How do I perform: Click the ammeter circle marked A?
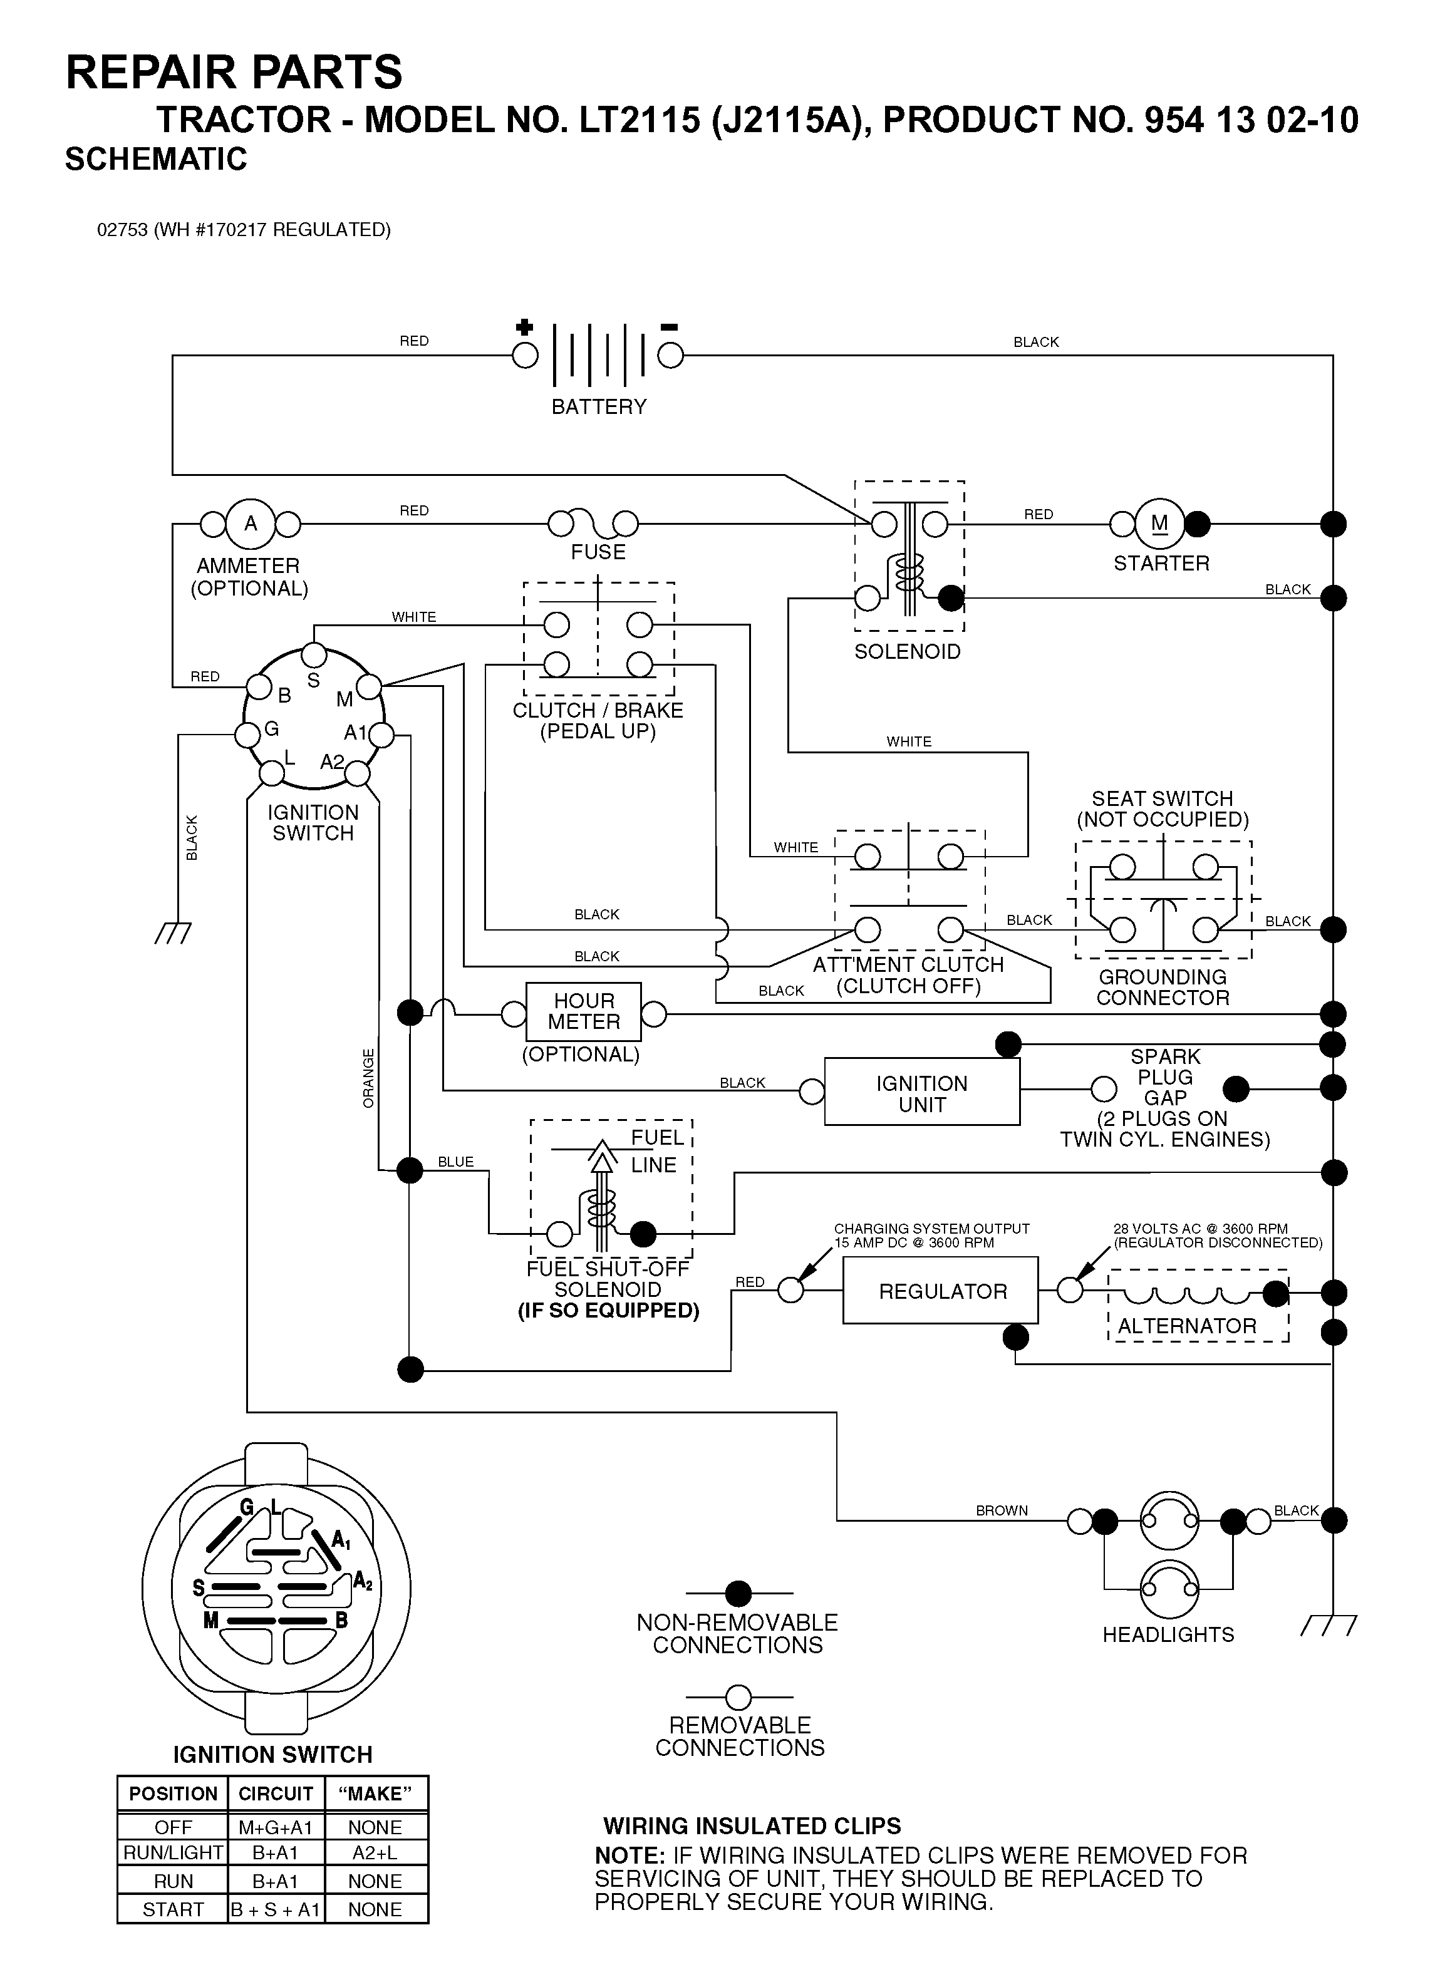(251, 524)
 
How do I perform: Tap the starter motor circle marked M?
(1160, 524)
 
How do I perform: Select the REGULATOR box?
(940, 1291)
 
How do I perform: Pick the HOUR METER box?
(584, 1012)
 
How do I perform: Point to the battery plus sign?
(524, 328)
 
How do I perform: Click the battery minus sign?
(670, 328)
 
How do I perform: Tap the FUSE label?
(598, 552)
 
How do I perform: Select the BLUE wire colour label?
(455, 1162)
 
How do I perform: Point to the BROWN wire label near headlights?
(1002, 1510)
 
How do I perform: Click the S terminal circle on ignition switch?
(314, 654)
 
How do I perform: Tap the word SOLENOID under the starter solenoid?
(908, 652)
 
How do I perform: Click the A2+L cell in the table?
(376, 1852)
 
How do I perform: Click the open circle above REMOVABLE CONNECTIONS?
(738, 1697)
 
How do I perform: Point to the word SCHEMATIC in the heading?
(156, 160)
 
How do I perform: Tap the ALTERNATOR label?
(1187, 1326)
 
